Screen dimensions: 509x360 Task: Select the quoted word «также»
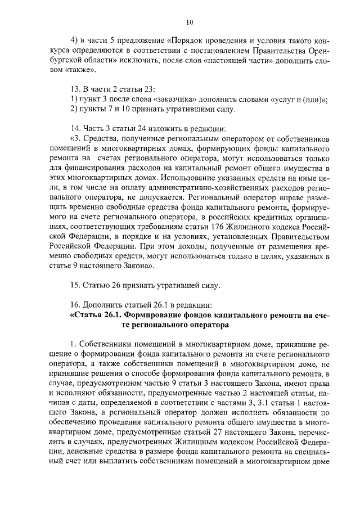82,70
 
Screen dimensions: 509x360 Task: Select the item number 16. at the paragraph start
75,304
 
